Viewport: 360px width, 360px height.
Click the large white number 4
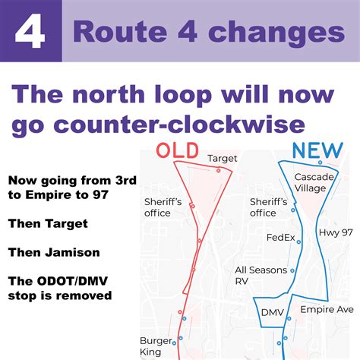tap(30, 35)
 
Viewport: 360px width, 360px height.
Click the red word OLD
tap(178, 150)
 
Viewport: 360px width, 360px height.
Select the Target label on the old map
tap(223, 159)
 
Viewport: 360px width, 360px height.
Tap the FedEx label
tap(280, 238)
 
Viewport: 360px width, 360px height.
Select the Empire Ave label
tap(327, 310)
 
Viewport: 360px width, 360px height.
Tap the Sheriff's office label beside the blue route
tap(268, 207)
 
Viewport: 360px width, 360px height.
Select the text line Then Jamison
tap(52, 251)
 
